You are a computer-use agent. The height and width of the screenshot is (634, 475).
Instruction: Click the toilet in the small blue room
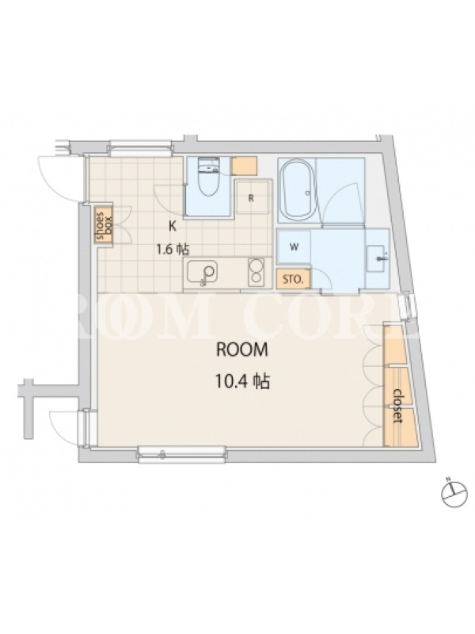pyautogui.click(x=208, y=176)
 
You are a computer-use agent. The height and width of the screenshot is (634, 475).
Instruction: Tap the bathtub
pyautogui.click(x=298, y=189)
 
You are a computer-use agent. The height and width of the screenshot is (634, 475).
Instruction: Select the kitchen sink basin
pyautogui.click(x=202, y=272)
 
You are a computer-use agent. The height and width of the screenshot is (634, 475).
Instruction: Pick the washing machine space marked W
pyautogui.click(x=294, y=247)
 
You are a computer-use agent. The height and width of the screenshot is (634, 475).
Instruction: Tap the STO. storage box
pyautogui.click(x=294, y=280)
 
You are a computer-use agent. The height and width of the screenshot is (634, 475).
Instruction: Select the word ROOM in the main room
pyautogui.click(x=242, y=349)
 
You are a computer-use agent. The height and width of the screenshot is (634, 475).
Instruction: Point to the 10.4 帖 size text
pyautogui.click(x=242, y=381)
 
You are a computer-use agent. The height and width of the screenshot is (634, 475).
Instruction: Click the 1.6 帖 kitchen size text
pyautogui.click(x=173, y=249)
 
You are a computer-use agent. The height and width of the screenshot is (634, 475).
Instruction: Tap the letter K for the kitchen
pyautogui.click(x=173, y=227)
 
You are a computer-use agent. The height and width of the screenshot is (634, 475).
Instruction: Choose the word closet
pyautogui.click(x=399, y=406)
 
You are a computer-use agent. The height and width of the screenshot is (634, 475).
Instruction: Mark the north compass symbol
pyautogui.click(x=455, y=492)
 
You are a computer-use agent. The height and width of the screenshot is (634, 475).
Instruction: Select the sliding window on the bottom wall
pyautogui.click(x=181, y=454)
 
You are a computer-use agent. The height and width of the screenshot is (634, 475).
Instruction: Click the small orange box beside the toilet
pyautogui.click(x=245, y=166)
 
